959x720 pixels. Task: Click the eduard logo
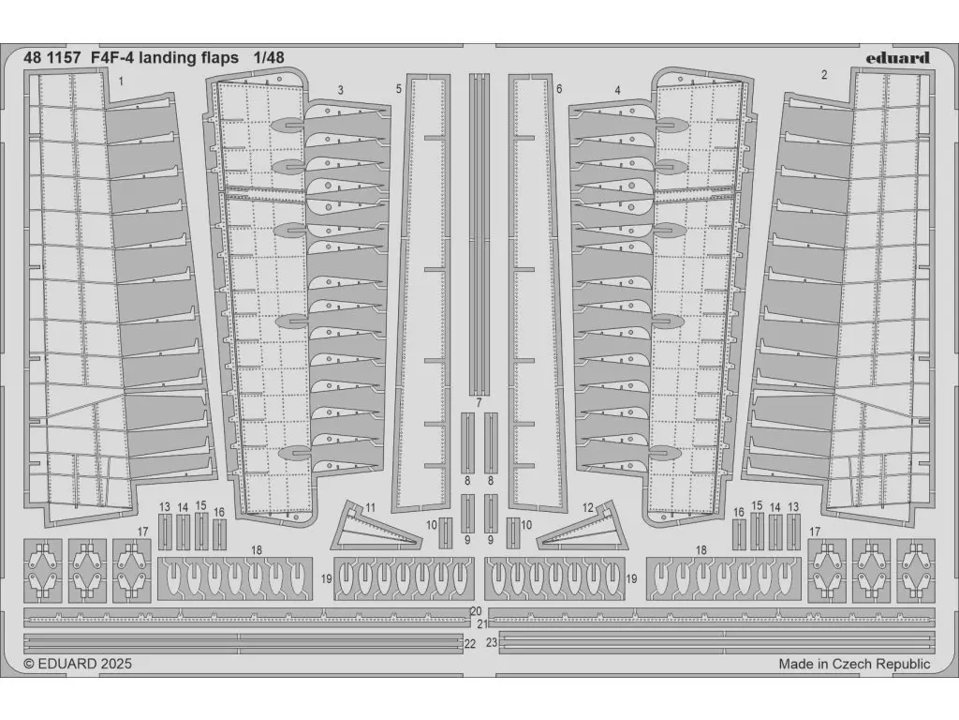coord(897,57)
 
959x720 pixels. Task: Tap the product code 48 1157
coord(52,58)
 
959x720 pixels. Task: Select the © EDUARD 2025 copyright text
coord(78,664)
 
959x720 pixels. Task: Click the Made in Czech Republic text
coord(854,664)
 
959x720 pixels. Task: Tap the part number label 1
coord(121,81)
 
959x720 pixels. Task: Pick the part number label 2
coord(824,75)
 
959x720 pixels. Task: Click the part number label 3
coord(340,90)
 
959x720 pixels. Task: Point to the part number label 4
coord(618,90)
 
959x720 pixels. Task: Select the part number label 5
coord(399,89)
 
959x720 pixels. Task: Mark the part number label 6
coord(559,89)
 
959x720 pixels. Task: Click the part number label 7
coord(479,403)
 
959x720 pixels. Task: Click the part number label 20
coord(477,611)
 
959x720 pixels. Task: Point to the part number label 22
coord(470,643)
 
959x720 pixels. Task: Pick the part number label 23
coord(492,643)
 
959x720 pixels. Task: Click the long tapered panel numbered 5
coord(422,292)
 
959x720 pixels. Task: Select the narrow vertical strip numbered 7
coord(479,234)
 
